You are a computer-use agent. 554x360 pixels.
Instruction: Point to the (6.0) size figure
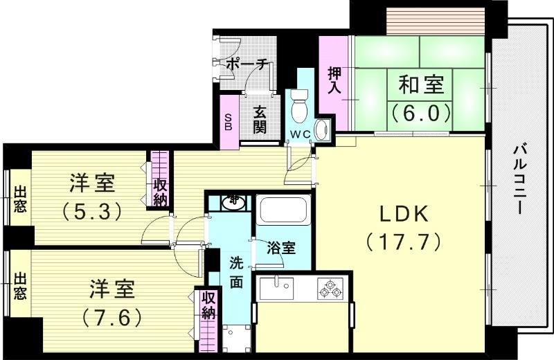(x=420, y=111)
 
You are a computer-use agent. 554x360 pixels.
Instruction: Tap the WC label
(x=298, y=134)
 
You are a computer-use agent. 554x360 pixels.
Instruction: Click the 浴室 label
(x=282, y=248)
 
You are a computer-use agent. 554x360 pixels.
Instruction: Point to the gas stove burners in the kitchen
(x=330, y=288)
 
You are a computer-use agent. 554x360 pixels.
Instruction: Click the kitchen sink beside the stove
(x=276, y=287)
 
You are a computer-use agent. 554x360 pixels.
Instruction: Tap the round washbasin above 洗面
(x=234, y=201)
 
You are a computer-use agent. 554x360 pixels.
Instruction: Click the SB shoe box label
(x=229, y=122)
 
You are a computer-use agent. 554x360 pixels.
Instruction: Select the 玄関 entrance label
(x=260, y=119)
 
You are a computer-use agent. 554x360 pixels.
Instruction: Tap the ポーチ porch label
(x=247, y=65)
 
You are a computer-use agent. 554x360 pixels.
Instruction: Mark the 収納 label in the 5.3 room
(x=160, y=192)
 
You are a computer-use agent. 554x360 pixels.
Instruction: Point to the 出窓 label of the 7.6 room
(x=20, y=287)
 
